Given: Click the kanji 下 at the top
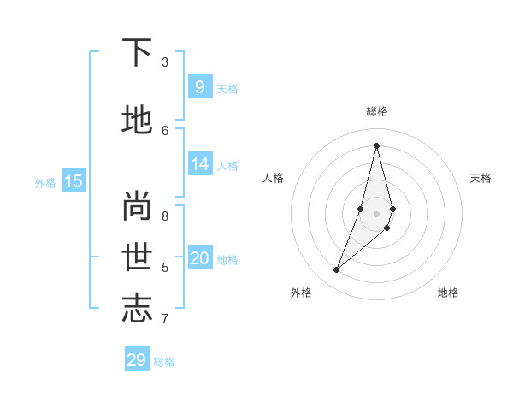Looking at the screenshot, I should [x=137, y=53].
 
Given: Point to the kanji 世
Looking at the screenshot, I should [x=137, y=257].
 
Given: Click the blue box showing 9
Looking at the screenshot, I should [x=199, y=86].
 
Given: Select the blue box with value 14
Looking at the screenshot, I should [x=199, y=164].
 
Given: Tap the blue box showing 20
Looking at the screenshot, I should [x=199, y=258].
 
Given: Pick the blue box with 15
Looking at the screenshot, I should [x=74, y=180].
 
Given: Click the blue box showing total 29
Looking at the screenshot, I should [x=137, y=360].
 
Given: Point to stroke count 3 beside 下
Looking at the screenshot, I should [x=165, y=62].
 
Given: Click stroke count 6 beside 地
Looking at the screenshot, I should [x=165, y=130].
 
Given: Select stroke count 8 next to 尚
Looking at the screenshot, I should [x=165, y=216].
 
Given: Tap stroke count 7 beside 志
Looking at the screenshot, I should [x=165, y=319].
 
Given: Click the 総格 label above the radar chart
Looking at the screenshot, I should [x=376, y=111].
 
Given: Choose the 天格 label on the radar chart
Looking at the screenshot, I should [x=481, y=178].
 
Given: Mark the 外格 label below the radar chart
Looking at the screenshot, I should [x=300, y=293].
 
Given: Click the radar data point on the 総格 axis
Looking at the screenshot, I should [x=376, y=145].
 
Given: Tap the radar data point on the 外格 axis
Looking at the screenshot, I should [x=336, y=270].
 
